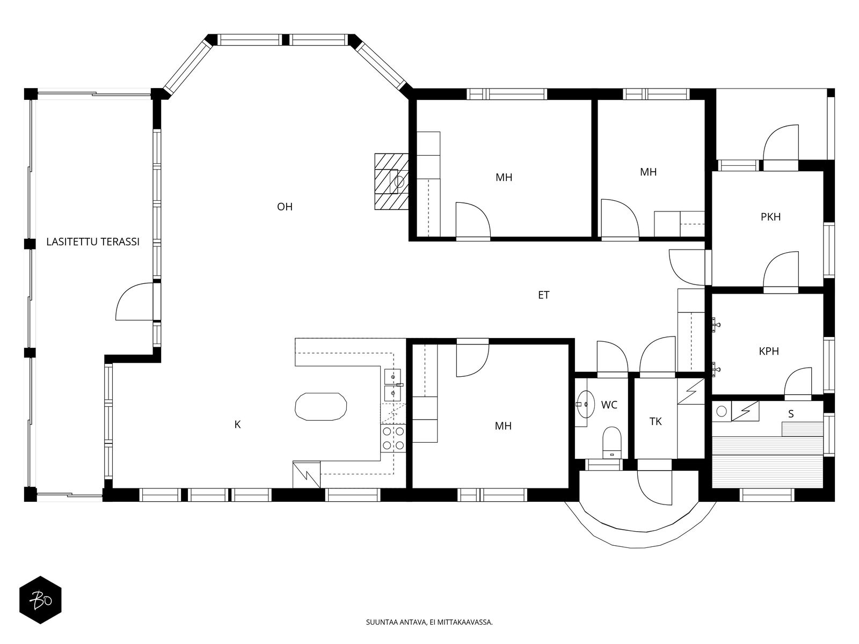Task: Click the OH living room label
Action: pyautogui.click(x=285, y=207)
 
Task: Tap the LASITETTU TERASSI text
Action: pyautogui.click(x=93, y=241)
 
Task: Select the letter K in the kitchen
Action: pyautogui.click(x=237, y=425)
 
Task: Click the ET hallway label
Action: pyautogui.click(x=543, y=295)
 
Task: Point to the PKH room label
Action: pyautogui.click(x=770, y=217)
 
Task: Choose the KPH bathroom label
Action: pyautogui.click(x=769, y=351)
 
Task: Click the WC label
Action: pyautogui.click(x=609, y=405)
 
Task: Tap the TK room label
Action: pyautogui.click(x=656, y=421)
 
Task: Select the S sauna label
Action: pyautogui.click(x=791, y=414)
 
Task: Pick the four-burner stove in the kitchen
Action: pyautogui.click(x=393, y=438)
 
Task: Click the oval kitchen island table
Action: pyautogui.click(x=321, y=407)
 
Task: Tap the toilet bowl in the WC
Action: pyautogui.click(x=612, y=442)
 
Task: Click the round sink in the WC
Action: pyautogui.click(x=585, y=404)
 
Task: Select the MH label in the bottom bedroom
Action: pyautogui.click(x=503, y=426)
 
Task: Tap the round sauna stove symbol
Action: pyautogui.click(x=722, y=411)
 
